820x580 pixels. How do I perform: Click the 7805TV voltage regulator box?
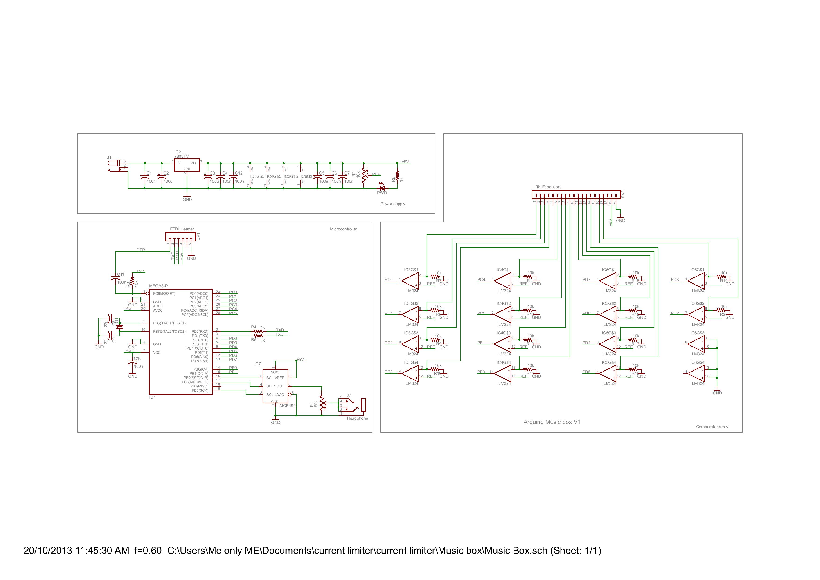click(x=187, y=165)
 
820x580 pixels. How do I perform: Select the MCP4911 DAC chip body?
click(x=275, y=386)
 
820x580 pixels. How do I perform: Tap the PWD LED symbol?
click(x=382, y=188)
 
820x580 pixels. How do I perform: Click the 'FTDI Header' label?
click(x=182, y=229)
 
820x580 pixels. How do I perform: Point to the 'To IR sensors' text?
click(x=549, y=187)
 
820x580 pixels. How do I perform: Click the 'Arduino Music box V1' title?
click(x=552, y=422)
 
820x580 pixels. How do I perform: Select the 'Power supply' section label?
click(x=392, y=204)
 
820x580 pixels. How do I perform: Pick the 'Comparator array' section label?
click(x=712, y=427)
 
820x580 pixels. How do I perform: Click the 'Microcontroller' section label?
click(x=343, y=229)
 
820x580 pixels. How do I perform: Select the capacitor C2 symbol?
click(x=162, y=177)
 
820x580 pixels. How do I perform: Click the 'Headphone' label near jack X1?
click(x=357, y=419)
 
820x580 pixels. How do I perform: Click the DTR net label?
click(x=141, y=250)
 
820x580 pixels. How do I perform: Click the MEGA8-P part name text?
click(x=158, y=286)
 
